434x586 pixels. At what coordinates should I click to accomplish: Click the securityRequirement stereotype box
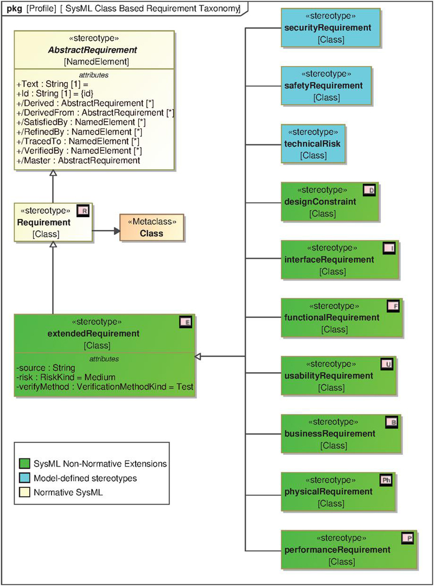[x=331, y=28]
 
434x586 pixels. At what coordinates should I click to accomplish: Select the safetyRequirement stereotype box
[x=327, y=86]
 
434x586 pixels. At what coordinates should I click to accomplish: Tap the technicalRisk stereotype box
[x=313, y=144]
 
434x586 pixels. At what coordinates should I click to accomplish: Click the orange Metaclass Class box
[x=152, y=227]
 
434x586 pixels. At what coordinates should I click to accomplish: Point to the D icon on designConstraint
[x=369, y=190]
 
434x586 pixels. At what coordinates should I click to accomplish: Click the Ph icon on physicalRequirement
[x=386, y=480]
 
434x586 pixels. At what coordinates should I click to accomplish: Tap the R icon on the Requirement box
[x=83, y=211]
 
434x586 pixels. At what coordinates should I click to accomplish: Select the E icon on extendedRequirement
[x=186, y=322]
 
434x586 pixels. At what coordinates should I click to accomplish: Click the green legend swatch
[x=24, y=464]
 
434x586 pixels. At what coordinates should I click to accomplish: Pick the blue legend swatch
[x=24, y=478]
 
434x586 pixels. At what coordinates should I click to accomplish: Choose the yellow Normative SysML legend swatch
[x=24, y=492]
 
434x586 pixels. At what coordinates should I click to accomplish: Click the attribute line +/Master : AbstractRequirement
[x=79, y=161]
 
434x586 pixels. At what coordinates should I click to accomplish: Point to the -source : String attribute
[x=46, y=368]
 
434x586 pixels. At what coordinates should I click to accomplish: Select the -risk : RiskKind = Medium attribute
[x=66, y=377]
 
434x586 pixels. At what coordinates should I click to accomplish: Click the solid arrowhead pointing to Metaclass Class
[x=117, y=231]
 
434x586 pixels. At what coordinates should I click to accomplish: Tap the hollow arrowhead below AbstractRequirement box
[x=53, y=173]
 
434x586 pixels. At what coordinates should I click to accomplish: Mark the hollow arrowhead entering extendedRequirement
[x=198, y=356]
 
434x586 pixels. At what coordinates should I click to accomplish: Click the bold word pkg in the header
[x=15, y=9]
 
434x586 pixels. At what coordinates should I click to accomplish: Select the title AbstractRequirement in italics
[x=93, y=50]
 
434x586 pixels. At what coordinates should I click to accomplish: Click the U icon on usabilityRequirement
[x=387, y=364]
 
